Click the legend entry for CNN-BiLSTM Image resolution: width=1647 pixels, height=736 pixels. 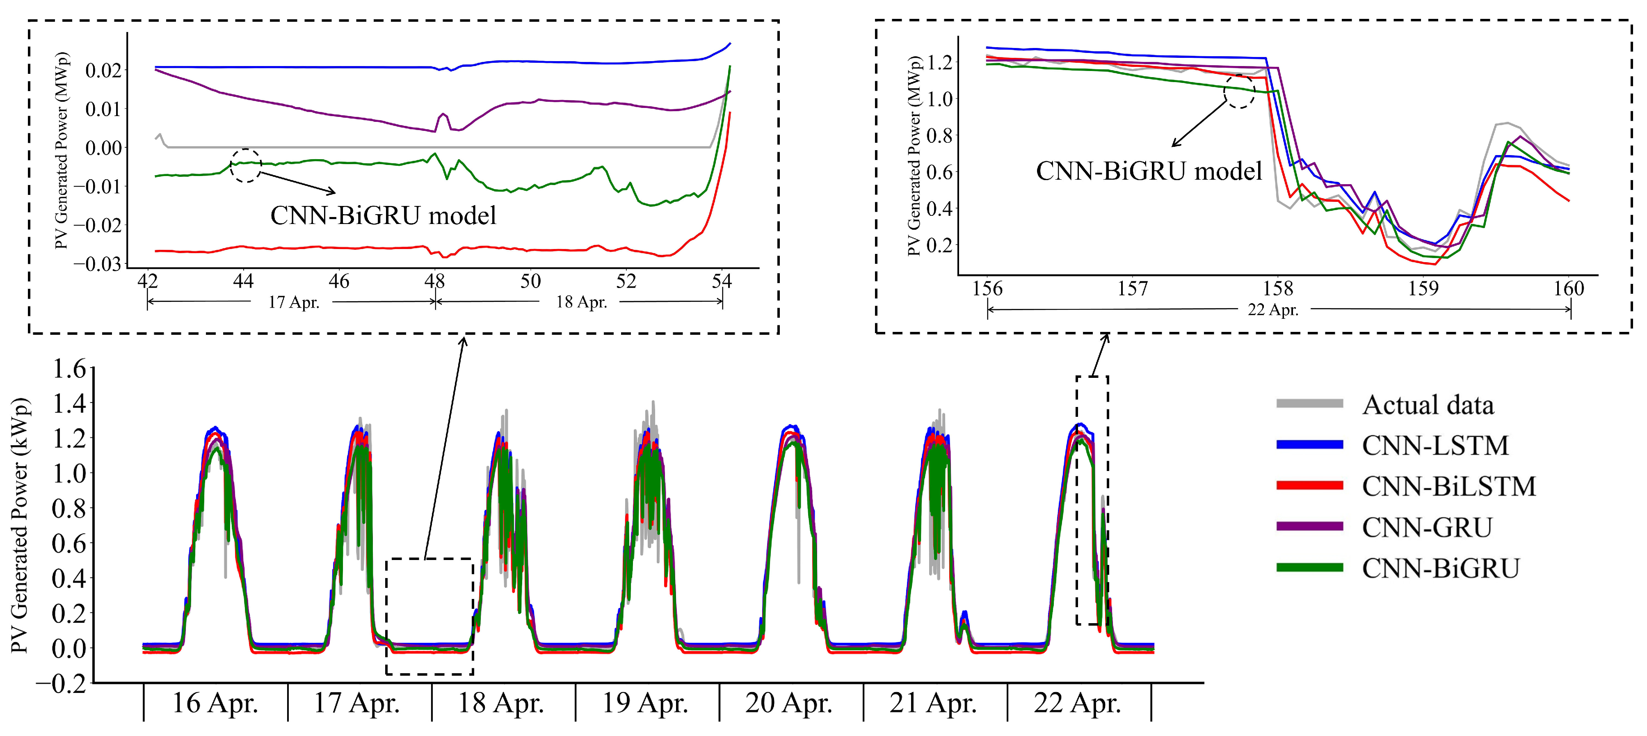(1448, 486)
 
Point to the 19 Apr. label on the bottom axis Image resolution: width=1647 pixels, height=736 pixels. (645, 703)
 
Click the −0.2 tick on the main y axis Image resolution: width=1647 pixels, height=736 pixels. (61, 683)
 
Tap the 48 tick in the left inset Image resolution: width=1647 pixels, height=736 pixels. (435, 281)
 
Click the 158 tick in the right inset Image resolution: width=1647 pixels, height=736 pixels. (1277, 289)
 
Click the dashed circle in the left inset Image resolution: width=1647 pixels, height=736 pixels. (246, 166)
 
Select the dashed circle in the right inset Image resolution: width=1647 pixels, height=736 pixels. (1239, 92)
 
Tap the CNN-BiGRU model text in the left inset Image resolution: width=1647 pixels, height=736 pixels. (383, 215)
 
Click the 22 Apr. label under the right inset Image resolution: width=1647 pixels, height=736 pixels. (1272, 310)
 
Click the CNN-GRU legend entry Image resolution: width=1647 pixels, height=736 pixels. (1426, 527)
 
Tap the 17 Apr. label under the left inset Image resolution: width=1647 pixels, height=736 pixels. (293, 302)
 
